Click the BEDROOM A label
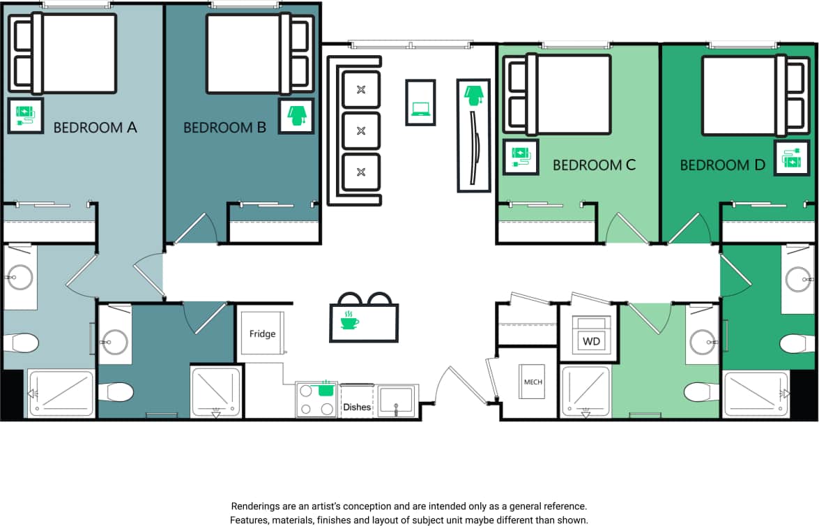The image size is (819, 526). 95,128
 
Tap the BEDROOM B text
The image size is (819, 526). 224,128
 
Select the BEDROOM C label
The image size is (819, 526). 594,165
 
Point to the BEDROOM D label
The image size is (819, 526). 722,165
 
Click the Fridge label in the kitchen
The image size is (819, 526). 262,334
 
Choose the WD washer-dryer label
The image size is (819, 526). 591,341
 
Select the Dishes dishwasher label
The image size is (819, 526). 356,407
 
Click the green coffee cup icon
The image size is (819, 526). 349,320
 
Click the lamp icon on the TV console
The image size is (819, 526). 474,94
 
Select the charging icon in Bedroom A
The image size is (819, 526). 25,115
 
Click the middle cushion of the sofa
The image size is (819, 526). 361,130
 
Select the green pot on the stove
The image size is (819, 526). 326,389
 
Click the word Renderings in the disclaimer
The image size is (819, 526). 256,506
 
